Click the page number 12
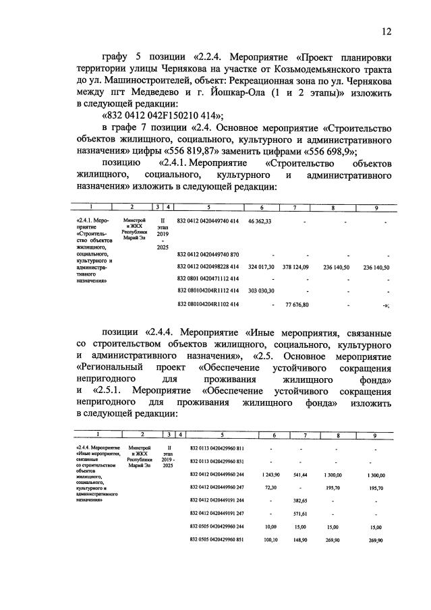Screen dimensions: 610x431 (x=386, y=31)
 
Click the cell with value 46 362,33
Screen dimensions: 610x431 (x=260, y=221)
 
